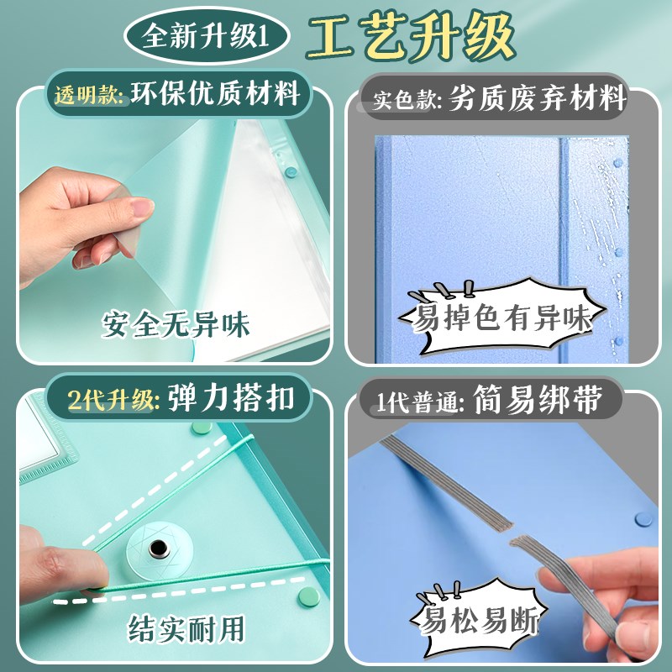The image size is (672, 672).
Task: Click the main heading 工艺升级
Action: tap(411, 36)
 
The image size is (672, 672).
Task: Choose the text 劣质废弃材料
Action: tap(538, 100)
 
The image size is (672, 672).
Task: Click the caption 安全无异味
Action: tap(176, 323)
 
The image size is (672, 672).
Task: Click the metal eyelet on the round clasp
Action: tap(157, 549)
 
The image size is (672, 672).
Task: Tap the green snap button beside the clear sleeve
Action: tap(291, 171)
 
